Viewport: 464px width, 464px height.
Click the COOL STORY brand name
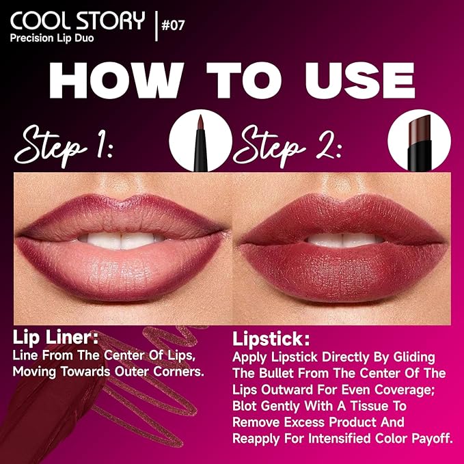77,20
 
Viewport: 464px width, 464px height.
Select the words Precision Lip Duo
53,38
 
